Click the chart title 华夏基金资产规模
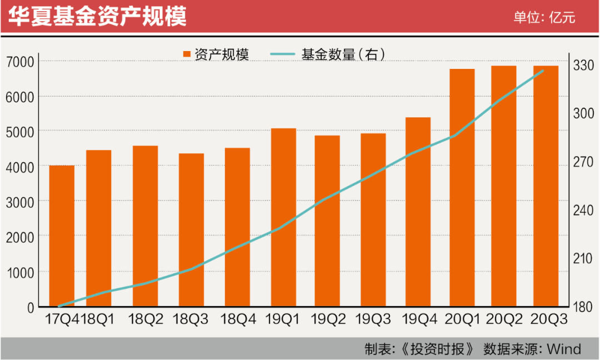coord(97,17)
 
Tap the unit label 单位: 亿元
coord(544,17)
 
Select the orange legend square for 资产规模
coord(187,54)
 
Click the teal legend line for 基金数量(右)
coord(282,54)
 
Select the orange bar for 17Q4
coord(62,236)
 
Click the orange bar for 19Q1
coord(283,217)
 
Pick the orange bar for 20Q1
coord(462,188)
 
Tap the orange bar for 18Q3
coord(191,230)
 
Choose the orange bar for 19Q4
coord(418,212)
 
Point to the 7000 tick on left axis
coord(19,62)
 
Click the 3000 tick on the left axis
coord(19,202)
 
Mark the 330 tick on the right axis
coord(583,65)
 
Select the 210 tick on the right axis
coord(583,259)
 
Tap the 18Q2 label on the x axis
coord(146,319)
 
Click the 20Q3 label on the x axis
coord(549,319)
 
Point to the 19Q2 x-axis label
coord(328,319)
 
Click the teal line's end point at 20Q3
coord(543,71)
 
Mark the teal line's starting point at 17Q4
coord(59,307)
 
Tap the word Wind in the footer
coord(564,349)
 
